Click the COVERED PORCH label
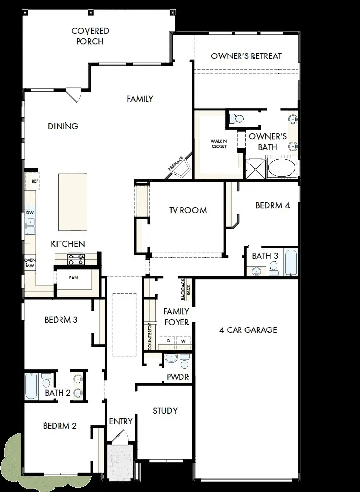[90, 36]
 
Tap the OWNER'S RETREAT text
[246, 56]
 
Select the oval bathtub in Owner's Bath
[281, 168]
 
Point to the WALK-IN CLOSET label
[219, 144]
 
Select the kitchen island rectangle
[72, 202]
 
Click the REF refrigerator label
[35, 181]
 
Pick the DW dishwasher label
[30, 213]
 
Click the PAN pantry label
[73, 278]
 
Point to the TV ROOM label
[188, 210]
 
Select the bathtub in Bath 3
[290, 263]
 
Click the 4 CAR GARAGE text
[248, 330]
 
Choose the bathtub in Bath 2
[31, 386]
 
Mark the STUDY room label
[165, 411]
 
